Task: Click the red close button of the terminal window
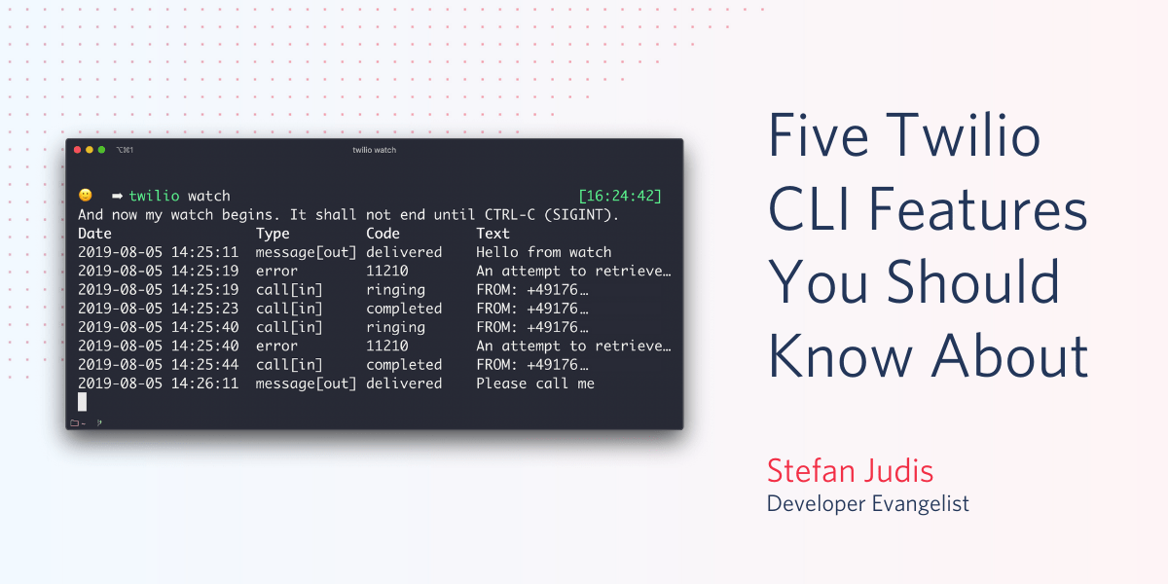tap(77, 150)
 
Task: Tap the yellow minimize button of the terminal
tap(90, 150)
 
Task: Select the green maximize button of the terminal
tap(101, 150)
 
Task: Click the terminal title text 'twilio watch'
tap(374, 150)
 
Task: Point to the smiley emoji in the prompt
tap(86, 196)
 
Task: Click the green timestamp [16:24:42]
tap(619, 196)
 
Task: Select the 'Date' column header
tap(94, 234)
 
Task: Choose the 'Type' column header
tap(273, 234)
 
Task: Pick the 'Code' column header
tap(383, 234)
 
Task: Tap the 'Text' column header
tap(493, 234)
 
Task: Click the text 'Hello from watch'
tap(543, 252)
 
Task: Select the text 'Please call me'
tap(534, 383)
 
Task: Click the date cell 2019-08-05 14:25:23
tap(158, 309)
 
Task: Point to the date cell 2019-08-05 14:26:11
tap(158, 383)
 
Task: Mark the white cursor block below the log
tap(83, 401)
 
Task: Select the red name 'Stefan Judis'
tap(850, 471)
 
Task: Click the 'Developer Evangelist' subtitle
tap(867, 503)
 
